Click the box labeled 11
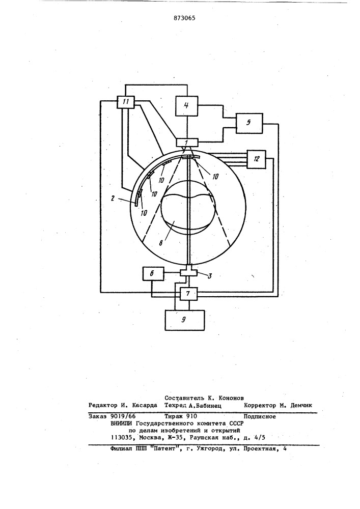click(x=126, y=102)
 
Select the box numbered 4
click(x=186, y=106)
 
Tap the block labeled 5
click(x=249, y=123)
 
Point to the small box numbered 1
click(x=186, y=142)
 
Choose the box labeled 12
click(x=257, y=159)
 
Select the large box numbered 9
click(x=185, y=320)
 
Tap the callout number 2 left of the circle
click(x=113, y=199)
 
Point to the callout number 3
click(x=210, y=276)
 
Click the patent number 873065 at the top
click(x=184, y=18)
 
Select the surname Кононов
click(x=232, y=398)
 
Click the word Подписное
click(x=260, y=416)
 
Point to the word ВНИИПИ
click(x=122, y=423)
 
